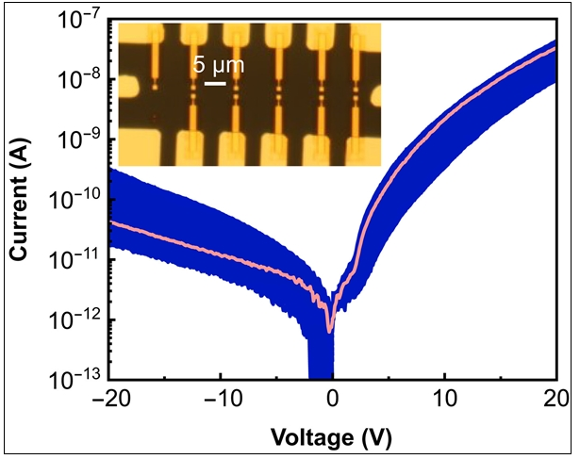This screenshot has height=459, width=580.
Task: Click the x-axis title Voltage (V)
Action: click(x=330, y=437)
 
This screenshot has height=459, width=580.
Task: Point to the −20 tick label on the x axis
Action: click(x=110, y=399)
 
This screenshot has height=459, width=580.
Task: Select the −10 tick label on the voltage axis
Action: click(x=220, y=399)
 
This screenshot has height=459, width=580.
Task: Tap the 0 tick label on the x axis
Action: click(x=332, y=399)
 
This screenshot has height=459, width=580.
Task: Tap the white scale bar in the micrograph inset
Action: click(x=215, y=85)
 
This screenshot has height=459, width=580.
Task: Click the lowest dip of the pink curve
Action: click(x=330, y=331)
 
